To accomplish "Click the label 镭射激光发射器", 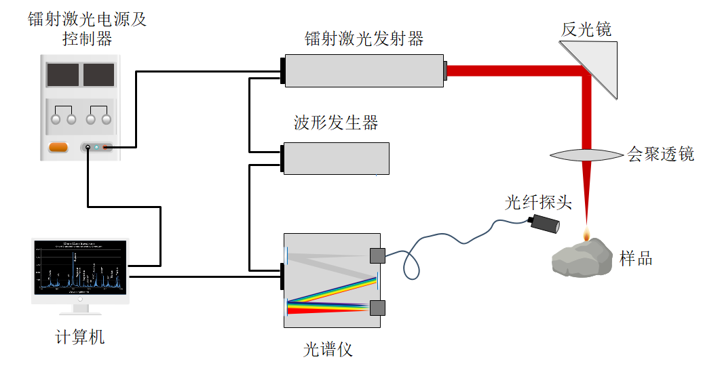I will [x=364, y=39].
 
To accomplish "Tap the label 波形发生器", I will [x=335, y=123].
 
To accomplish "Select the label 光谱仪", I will [x=328, y=350].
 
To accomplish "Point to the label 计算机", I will [x=80, y=336].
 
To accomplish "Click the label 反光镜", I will [x=586, y=29].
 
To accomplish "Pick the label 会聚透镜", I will [x=660, y=155].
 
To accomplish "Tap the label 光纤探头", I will [x=539, y=202].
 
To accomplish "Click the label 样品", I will [x=636, y=258].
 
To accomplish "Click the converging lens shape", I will [x=586, y=155].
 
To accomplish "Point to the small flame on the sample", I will [x=587, y=234].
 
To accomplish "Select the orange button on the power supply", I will [x=58, y=147].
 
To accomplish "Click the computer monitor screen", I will [x=81, y=267].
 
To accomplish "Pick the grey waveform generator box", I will [x=337, y=158].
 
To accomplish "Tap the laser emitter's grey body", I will [x=364, y=70].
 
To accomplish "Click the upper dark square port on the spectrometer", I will [x=377, y=255].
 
